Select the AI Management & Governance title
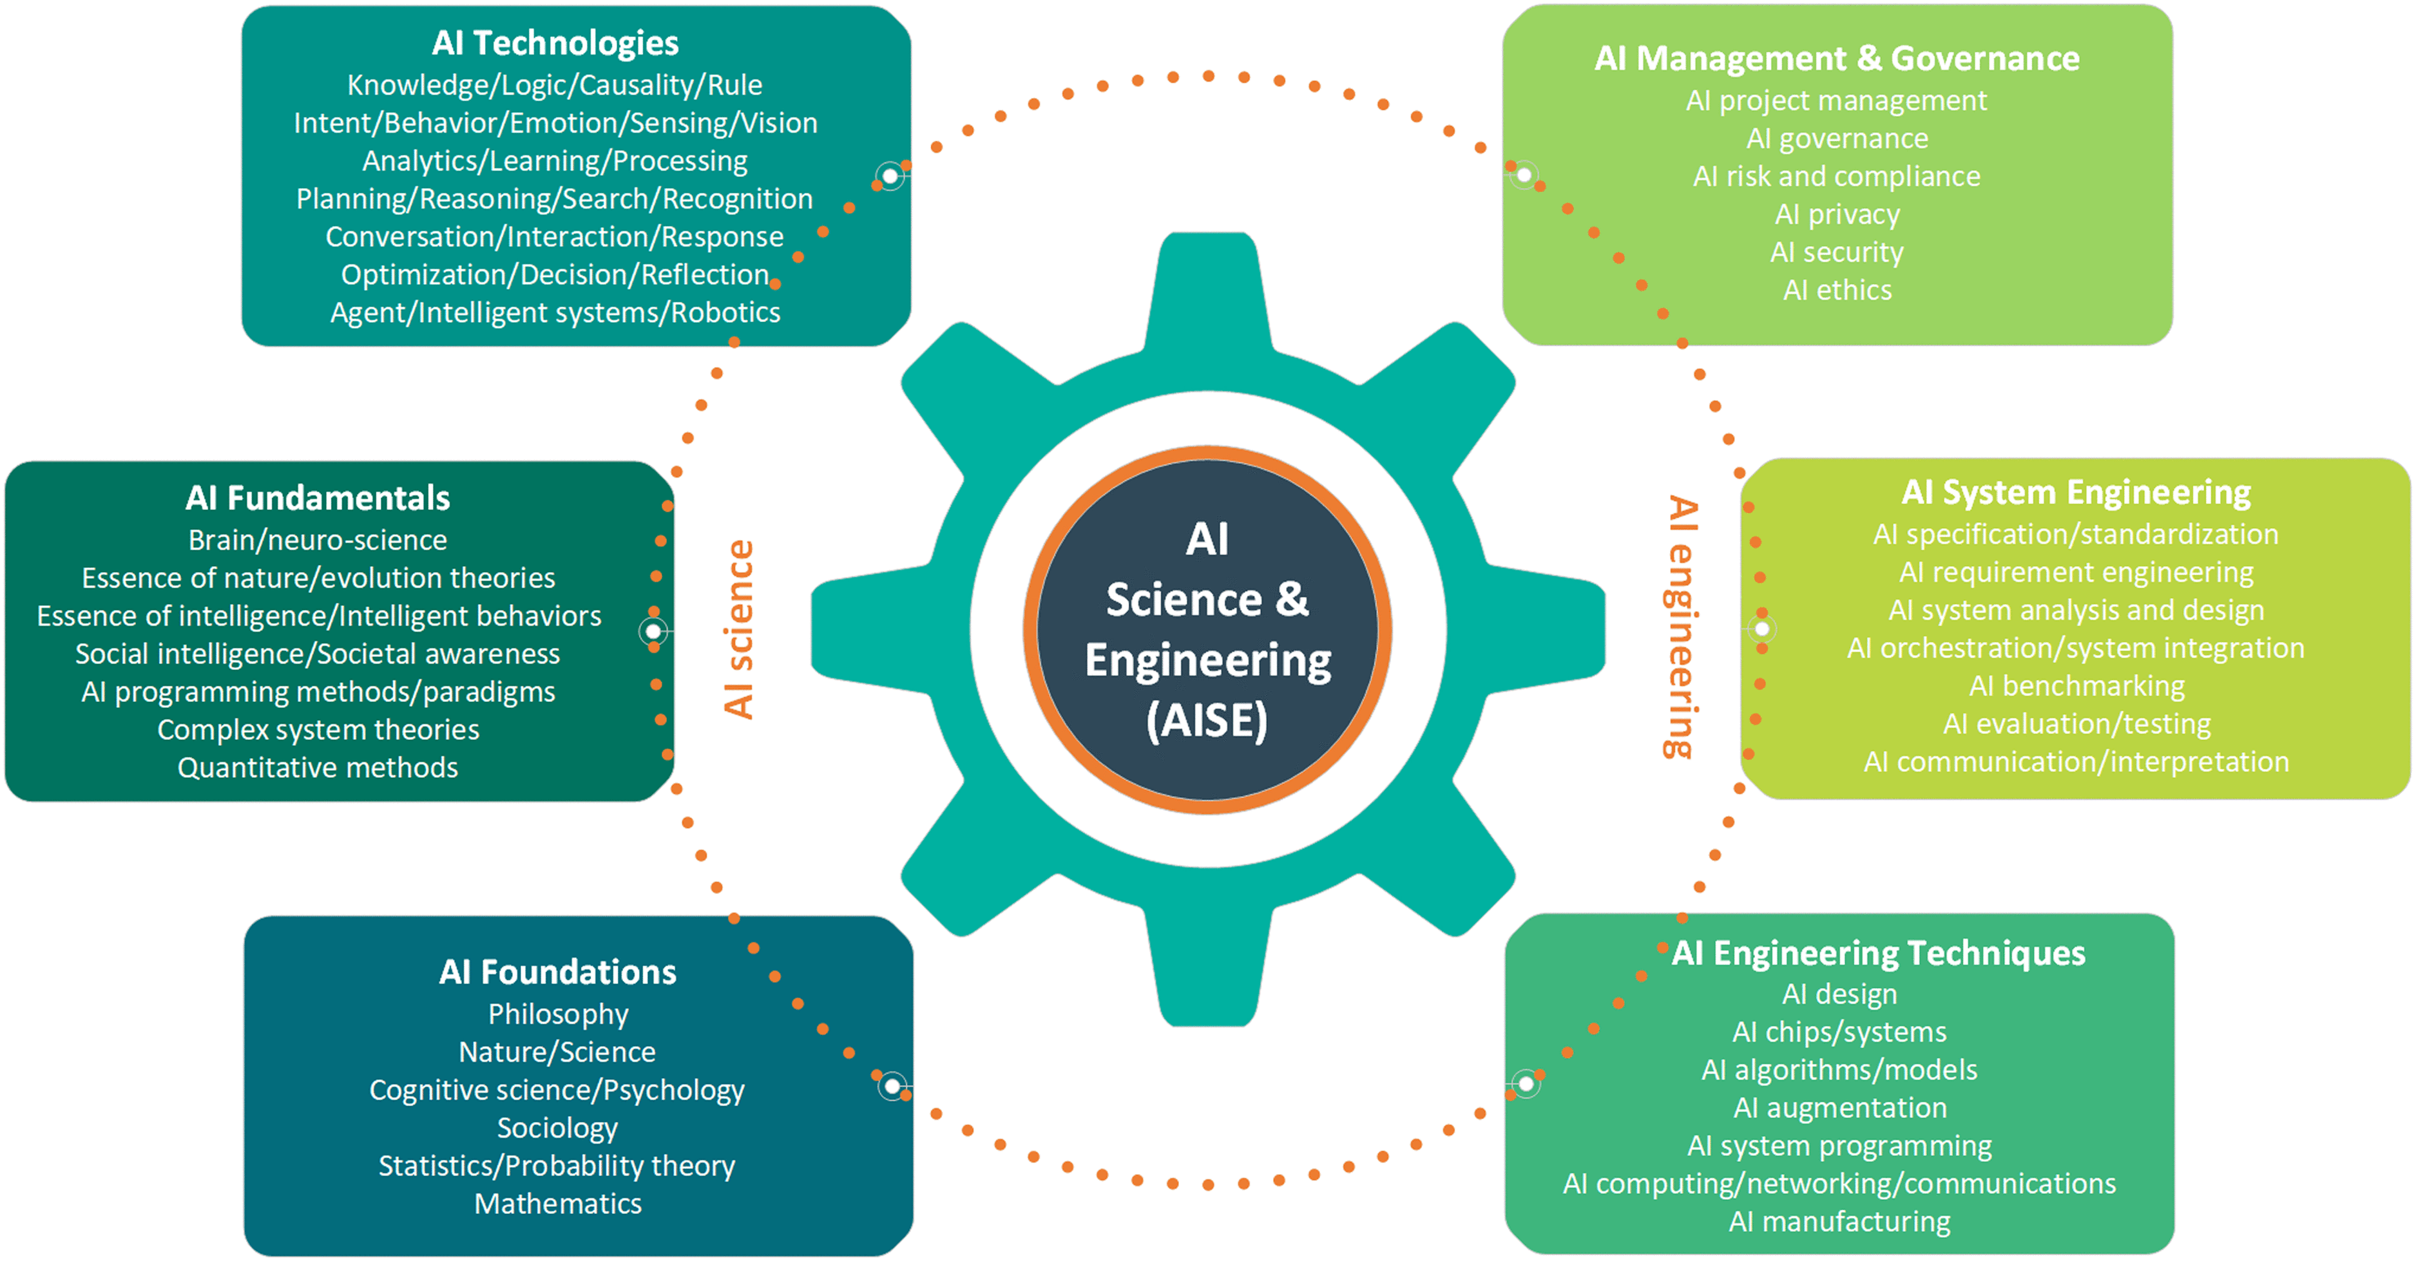1836,58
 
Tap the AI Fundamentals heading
317,498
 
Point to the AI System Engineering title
2076,492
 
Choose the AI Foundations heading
557,972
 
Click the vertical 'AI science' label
739,629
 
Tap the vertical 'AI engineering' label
1682,626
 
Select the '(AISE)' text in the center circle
1207,720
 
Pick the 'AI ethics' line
1836,290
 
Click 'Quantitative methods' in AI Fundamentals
317,768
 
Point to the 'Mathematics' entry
557,1204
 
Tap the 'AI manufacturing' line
1839,1222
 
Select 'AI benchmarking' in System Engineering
2076,687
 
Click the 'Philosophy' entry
557,1014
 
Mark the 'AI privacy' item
1836,214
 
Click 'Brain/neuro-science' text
317,540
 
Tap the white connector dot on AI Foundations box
892,1086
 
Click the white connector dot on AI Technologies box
889,175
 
